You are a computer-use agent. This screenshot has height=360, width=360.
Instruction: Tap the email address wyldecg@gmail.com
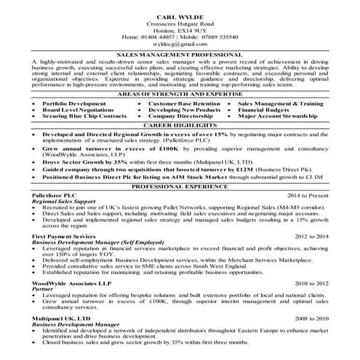pos(180,44)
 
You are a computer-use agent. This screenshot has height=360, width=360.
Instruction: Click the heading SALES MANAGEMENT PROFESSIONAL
pos(180,55)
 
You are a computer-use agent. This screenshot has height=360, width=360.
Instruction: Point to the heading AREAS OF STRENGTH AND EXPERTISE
pos(180,96)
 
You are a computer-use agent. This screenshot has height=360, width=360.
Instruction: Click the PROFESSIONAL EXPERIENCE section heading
pos(180,187)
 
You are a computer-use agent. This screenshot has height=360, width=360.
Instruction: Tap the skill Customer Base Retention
pos(184,105)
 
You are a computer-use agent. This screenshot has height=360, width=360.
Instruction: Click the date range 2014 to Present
pos(306,196)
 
